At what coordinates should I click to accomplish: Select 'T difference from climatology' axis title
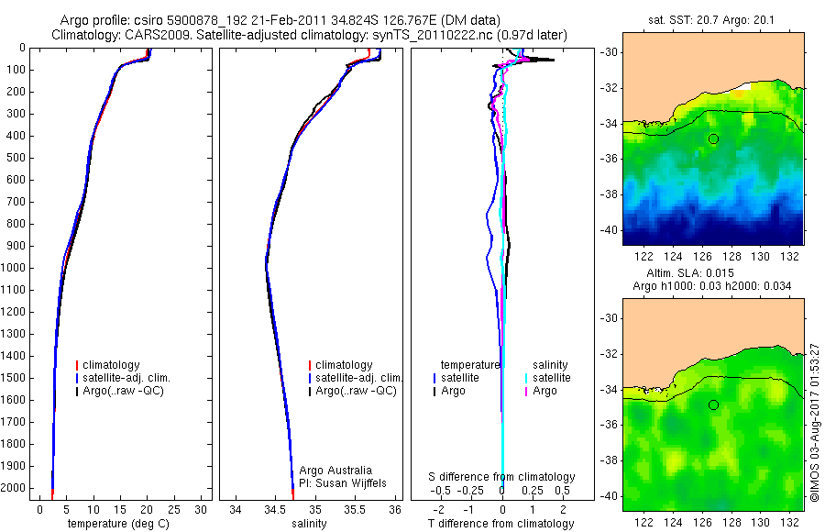(x=501, y=524)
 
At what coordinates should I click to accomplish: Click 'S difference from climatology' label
(x=501, y=477)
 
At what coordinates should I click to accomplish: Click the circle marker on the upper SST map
(x=713, y=139)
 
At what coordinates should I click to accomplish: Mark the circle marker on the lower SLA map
(x=713, y=405)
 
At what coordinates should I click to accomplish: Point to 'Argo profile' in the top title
(x=92, y=19)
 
